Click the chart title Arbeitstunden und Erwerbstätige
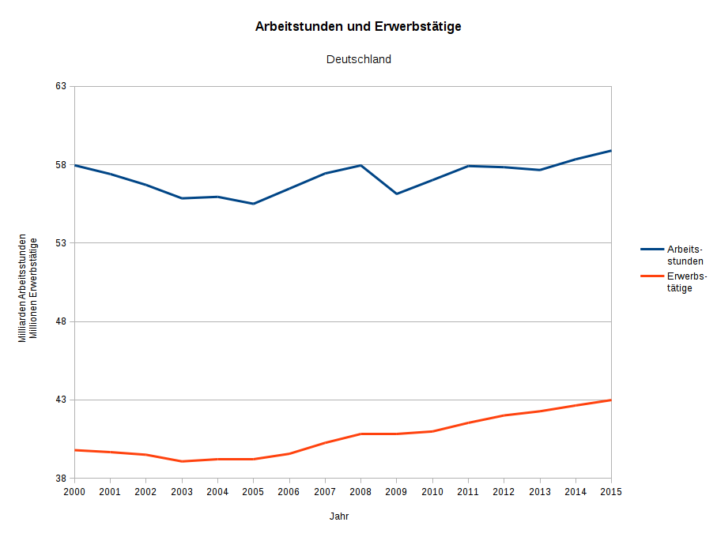pos(358,27)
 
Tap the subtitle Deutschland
pos(358,59)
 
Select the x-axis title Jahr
pos(339,516)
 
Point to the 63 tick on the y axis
pos(61,86)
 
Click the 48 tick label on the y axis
pos(61,321)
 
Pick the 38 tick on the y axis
pos(61,479)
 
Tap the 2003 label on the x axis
pos(182,492)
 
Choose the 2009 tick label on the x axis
pos(396,492)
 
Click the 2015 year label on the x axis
pos(611,492)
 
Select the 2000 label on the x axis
pos(75,492)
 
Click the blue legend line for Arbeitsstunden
pos(651,249)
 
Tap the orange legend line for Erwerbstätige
pos(651,276)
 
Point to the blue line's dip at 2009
pos(396,193)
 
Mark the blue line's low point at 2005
pos(253,204)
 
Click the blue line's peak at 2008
pos(360,165)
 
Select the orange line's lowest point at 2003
pos(182,461)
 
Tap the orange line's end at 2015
pos(611,400)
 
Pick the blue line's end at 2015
pos(611,151)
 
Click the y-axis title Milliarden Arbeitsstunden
pos(23,288)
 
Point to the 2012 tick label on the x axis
pos(504,492)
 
